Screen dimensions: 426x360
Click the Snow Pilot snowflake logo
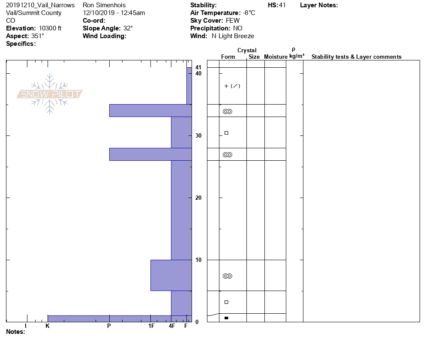[x=49, y=94]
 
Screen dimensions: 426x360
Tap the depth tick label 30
[x=198, y=135]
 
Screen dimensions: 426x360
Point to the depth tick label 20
[x=198, y=198]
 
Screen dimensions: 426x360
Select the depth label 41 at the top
[x=198, y=67]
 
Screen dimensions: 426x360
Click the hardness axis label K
[x=48, y=326]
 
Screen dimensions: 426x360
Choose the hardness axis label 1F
[x=151, y=326]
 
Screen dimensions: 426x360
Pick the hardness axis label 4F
[x=172, y=326]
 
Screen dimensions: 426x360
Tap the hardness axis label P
[x=109, y=326]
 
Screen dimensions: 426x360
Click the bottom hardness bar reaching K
[x=120, y=319]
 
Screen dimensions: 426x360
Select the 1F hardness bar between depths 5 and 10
[x=171, y=275]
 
